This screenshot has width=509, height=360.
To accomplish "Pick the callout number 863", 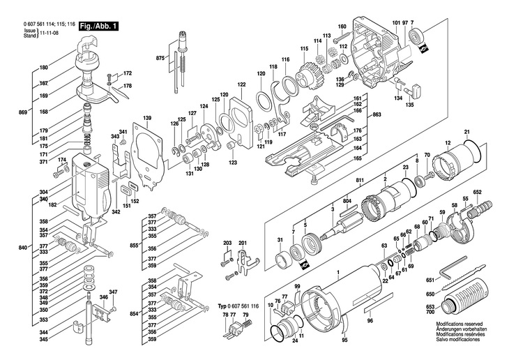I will pos(377,114).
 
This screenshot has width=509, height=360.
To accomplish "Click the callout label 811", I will pos(360,181).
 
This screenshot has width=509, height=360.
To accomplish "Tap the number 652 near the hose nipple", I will pos(478,192).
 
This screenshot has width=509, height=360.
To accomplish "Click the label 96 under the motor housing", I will pos(370,321).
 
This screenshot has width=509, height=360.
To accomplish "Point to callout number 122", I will pos(241,84).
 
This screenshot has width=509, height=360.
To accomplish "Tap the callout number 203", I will pos(227,243).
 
